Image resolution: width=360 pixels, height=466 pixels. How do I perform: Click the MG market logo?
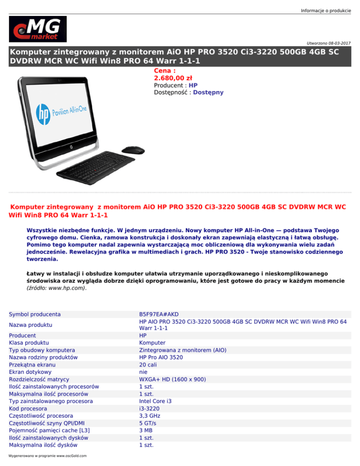point(37,29)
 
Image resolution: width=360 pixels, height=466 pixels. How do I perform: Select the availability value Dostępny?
point(209,92)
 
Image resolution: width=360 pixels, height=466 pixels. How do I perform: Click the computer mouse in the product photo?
point(133,150)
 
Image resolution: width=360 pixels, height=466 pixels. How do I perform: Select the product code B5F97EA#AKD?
point(159,314)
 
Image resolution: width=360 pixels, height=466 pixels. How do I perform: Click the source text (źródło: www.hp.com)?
point(56,289)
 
